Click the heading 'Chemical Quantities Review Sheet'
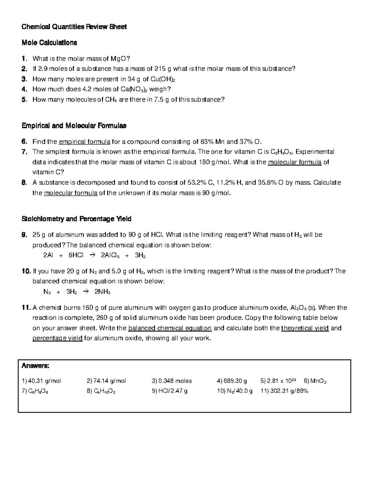[74, 27]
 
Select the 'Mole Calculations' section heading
[49, 42]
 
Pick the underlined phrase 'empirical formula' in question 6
[85, 142]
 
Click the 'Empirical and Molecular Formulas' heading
[74, 126]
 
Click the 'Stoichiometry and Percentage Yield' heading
[76, 219]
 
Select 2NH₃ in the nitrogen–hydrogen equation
[102, 292]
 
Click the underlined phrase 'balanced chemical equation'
[170, 328]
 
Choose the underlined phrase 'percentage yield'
[58, 338]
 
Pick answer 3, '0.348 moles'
[172, 381]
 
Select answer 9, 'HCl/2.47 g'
[169, 391]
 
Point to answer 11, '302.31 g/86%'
[284, 391]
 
